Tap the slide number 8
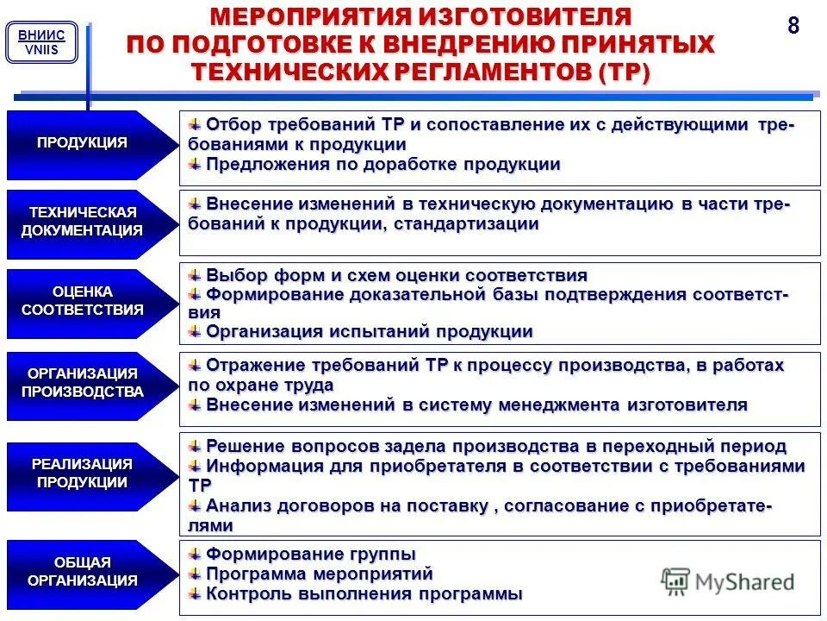pos(793,26)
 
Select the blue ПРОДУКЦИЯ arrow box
pos(82,144)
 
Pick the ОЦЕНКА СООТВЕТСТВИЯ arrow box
pos(83,301)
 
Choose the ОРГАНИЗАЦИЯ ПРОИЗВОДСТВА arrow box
pos(83,383)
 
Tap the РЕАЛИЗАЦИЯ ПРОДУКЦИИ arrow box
pos(83,474)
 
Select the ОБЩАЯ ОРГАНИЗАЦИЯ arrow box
pos(83,571)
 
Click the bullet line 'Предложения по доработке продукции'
pos(383,164)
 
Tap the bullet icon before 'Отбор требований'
pos(196,124)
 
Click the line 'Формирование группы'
pos(310,553)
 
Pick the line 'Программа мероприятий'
pos(319,574)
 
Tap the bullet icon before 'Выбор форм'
pos(196,275)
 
